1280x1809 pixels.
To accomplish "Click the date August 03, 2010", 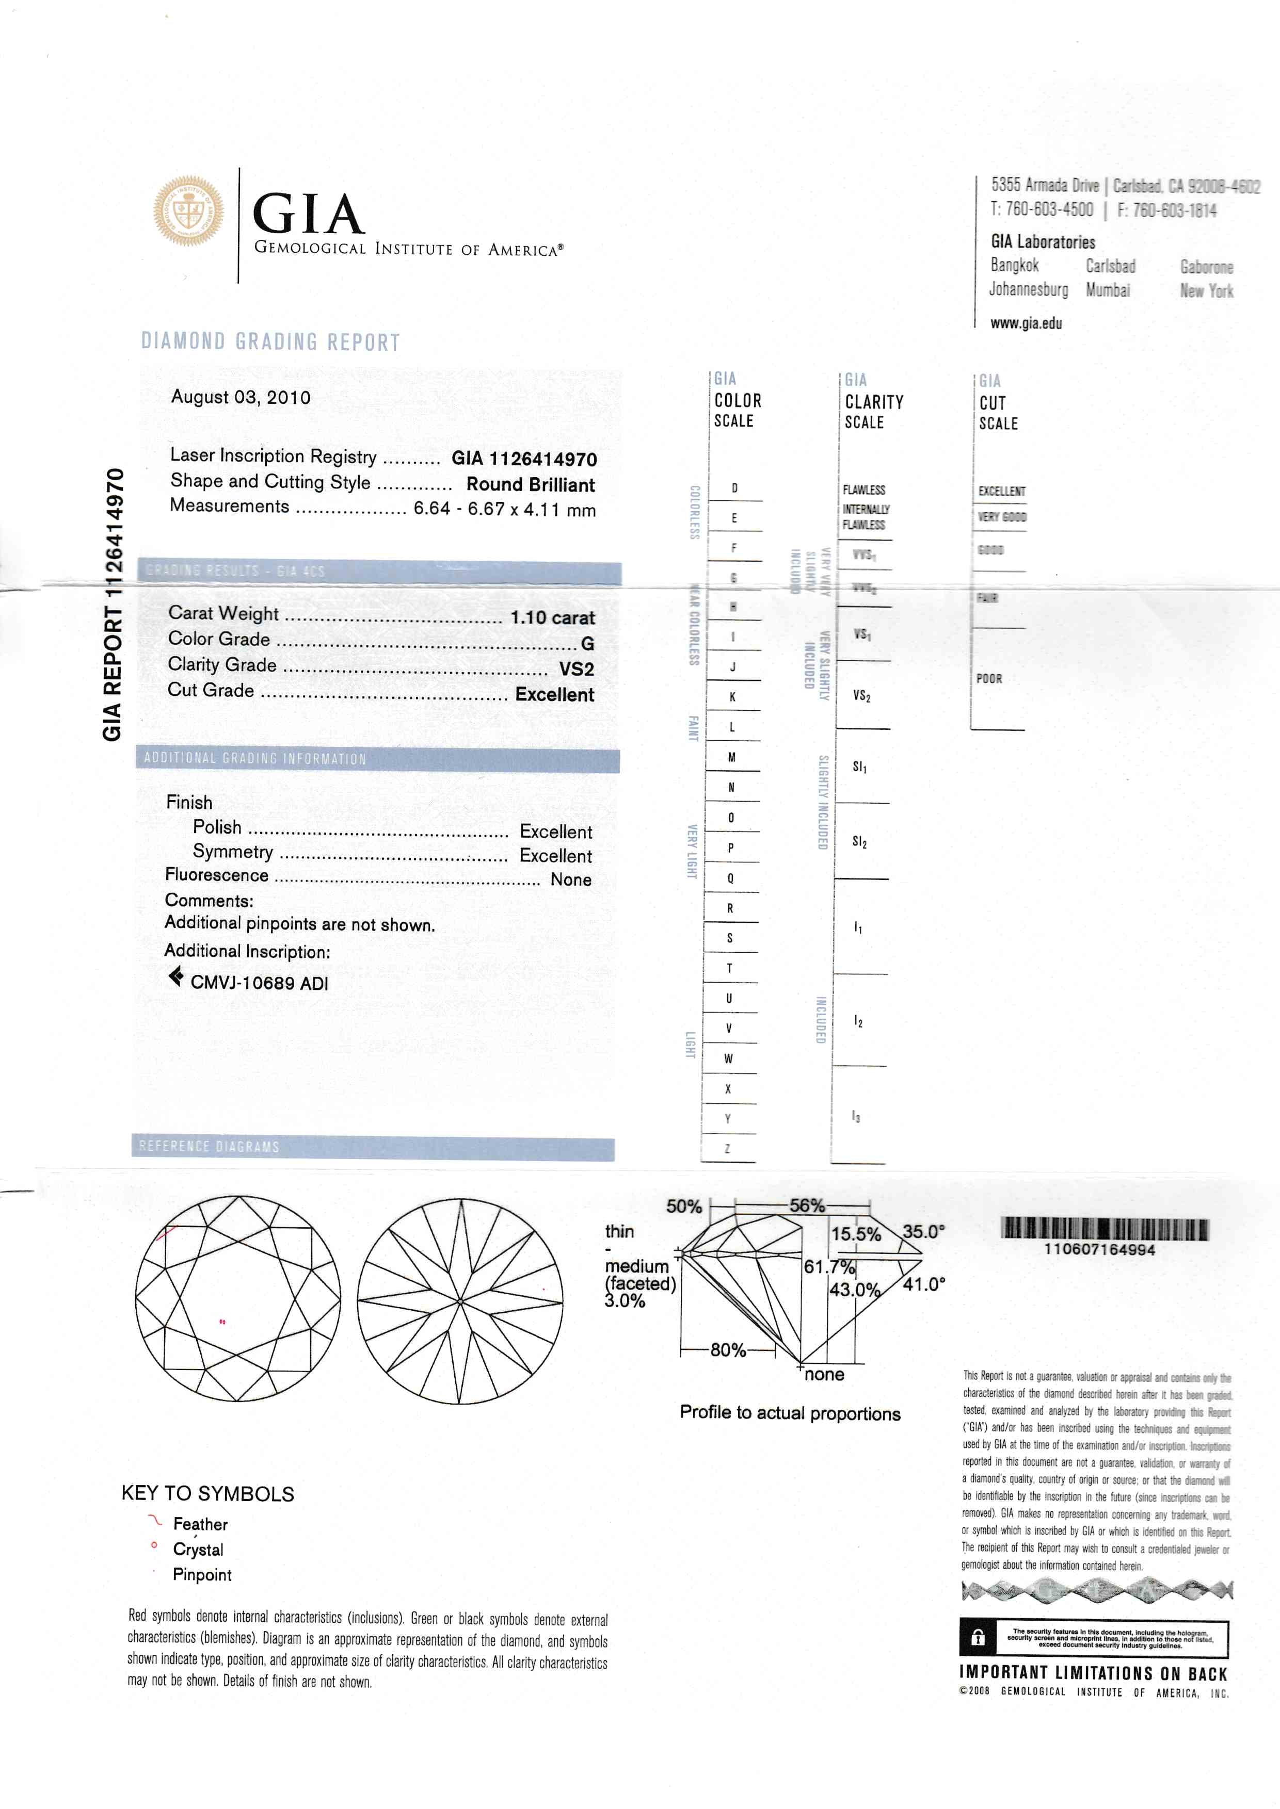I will pyautogui.click(x=241, y=397).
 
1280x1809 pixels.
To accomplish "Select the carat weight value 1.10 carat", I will pyautogui.click(x=552, y=618).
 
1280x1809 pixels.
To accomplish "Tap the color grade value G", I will pyautogui.click(x=587, y=644).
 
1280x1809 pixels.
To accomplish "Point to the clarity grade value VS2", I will pyautogui.click(x=576, y=670).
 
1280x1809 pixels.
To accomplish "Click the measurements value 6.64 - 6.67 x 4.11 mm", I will pyautogui.click(x=504, y=509).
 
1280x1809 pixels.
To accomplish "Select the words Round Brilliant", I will pyautogui.click(x=531, y=484).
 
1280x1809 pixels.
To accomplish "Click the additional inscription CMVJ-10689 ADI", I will pyautogui.click(x=259, y=983).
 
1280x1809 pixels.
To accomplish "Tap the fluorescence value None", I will pyautogui.click(x=571, y=880).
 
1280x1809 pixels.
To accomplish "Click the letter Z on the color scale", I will pyautogui.click(x=728, y=1149).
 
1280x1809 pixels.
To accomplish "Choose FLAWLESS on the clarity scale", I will pyautogui.click(x=864, y=490).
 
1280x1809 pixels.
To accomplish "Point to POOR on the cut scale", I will pyautogui.click(x=989, y=678).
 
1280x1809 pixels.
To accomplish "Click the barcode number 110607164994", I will pyautogui.click(x=1099, y=1250).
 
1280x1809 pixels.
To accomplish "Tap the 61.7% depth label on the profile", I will pyautogui.click(x=829, y=1267).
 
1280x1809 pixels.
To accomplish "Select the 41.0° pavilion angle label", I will pyautogui.click(x=924, y=1284).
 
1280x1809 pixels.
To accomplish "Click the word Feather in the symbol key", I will pyautogui.click(x=200, y=1524).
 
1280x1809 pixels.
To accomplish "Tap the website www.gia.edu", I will pyautogui.click(x=1026, y=323).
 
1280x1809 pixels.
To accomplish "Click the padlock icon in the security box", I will pyautogui.click(x=978, y=1638).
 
